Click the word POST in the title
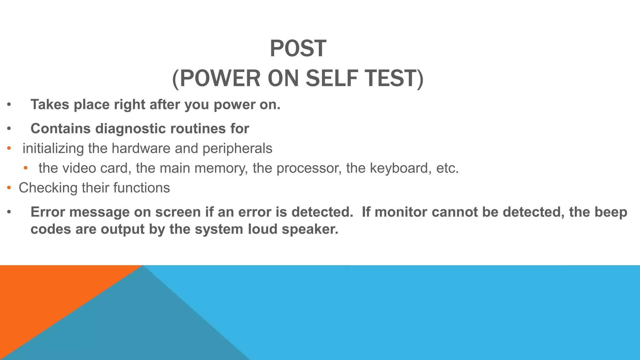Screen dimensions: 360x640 (298, 49)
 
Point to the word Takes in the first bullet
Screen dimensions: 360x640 (50, 104)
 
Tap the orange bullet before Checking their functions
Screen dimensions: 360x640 (9, 188)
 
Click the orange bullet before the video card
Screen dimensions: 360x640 (26, 168)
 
